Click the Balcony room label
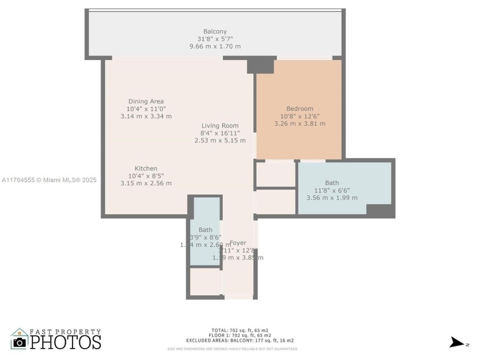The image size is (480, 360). (x=215, y=31)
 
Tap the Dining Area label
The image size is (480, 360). (x=146, y=101)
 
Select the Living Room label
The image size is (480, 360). (x=220, y=126)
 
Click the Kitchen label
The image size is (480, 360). (x=146, y=169)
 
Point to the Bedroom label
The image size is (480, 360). (x=299, y=109)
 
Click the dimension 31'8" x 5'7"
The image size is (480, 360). (x=215, y=39)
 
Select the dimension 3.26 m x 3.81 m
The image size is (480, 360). (x=299, y=123)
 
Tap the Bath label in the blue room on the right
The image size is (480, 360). (x=331, y=183)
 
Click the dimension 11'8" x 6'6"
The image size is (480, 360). (x=331, y=191)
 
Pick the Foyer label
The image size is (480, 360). (x=238, y=243)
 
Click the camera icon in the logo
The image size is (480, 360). (x=20, y=341)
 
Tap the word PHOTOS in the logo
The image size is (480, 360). (x=65, y=342)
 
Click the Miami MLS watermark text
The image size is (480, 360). (x=49, y=180)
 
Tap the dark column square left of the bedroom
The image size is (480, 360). (x=261, y=65)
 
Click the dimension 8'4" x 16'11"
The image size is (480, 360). (x=220, y=133)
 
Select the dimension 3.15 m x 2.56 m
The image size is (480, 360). (x=146, y=183)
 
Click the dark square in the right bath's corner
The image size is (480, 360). (x=379, y=210)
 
